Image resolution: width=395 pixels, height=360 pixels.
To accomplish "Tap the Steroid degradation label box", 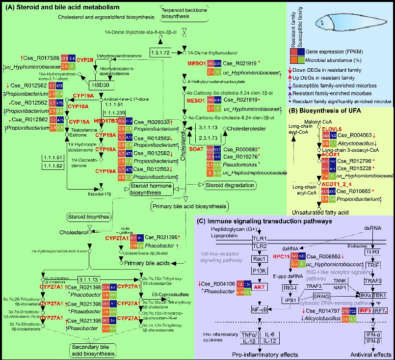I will click(x=234, y=185).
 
